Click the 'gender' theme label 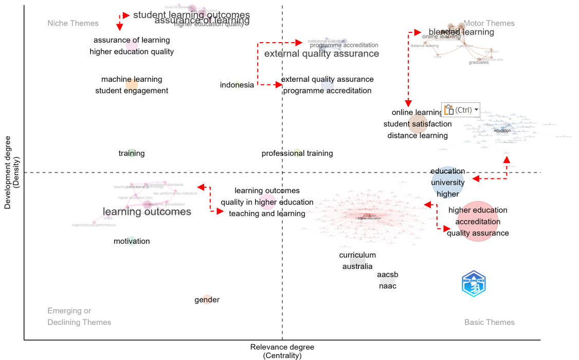click(207, 300)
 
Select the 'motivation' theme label click(132, 241)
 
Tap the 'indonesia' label click(237, 85)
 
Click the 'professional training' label click(297, 153)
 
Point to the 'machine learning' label click(132, 79)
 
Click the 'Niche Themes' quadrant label click(73, 23)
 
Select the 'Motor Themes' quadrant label click(489, 23)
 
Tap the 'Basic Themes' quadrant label click(489, 322)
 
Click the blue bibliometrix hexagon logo click(474, 284)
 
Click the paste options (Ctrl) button click(460, 110)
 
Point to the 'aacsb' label click(388, 275)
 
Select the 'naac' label click(388, 286)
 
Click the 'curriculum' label click(357, 255)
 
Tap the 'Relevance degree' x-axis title click(282, 347)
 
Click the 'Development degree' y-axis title click(7, 173)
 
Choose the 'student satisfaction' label click(418, 124)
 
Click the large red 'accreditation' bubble click(478, 222)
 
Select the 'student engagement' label click(132, 91)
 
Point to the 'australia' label click(357, 266)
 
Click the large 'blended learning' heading click(461, 32)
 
